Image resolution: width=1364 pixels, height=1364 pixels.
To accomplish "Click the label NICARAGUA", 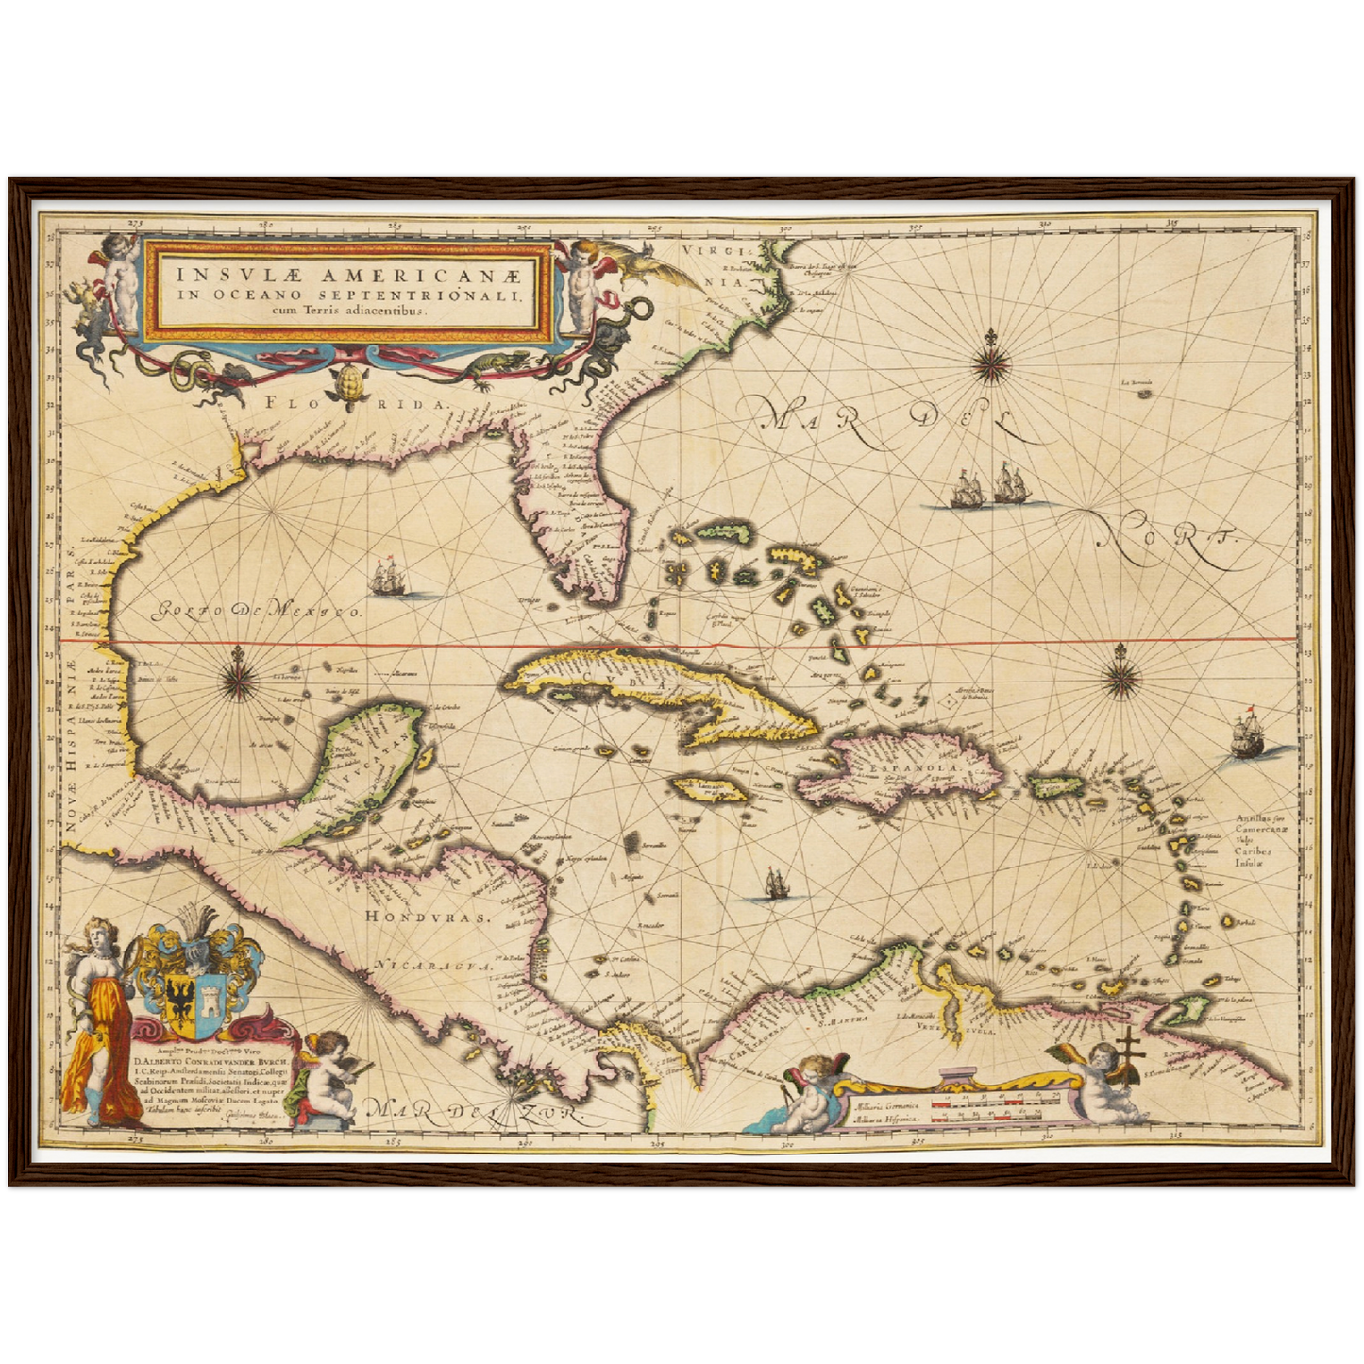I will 435,967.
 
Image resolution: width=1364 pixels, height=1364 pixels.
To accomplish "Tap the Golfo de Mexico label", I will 258,612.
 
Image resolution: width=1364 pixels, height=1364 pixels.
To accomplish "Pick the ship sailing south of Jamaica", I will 775,884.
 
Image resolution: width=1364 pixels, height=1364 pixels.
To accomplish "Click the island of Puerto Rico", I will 1058,785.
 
